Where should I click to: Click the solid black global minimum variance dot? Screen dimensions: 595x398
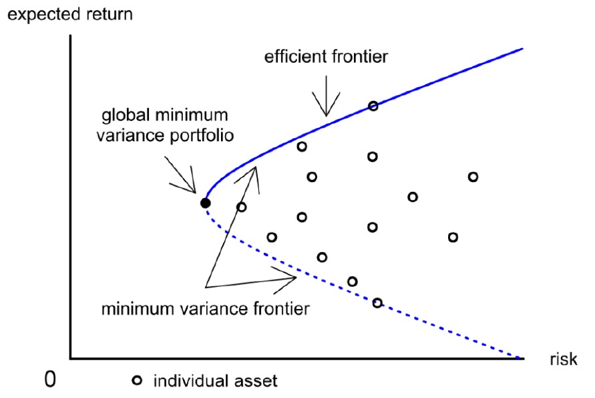tap(205, 203)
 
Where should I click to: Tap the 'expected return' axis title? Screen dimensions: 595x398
tap(70, 15)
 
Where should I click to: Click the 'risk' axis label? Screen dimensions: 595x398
tap(564, 359)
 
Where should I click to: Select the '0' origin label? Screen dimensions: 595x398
tap(50, 379)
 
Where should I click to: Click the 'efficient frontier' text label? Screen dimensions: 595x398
tap(326, 57)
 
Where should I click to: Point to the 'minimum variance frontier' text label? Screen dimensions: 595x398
tap(205, 308)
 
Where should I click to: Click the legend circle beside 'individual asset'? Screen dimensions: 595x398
tap(137, 380)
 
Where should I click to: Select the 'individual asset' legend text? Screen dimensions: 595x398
tap(215, 381)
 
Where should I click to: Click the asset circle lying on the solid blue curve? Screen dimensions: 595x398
tap(373, 106)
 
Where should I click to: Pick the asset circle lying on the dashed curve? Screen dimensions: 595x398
tap(377, 303)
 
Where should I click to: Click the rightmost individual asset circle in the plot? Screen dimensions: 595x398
tap(473, 177)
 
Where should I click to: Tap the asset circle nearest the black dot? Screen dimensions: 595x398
tap(241, 207)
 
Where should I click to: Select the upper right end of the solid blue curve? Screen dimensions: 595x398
tap(523, 49)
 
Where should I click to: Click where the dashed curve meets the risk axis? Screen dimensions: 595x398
tap(522, 358)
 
